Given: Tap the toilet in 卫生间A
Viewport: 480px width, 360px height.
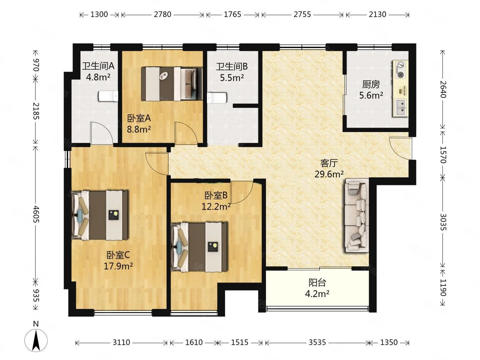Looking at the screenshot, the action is (108, 96).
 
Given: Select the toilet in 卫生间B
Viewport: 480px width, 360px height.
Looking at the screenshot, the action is (217, 98).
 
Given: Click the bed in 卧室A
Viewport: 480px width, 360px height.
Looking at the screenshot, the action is (172, 84).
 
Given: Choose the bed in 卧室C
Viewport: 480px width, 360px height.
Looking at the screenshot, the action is (100, 215).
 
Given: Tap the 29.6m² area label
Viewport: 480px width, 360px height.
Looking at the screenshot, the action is (329, 174).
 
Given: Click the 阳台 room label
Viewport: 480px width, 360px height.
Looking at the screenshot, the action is (317, 283).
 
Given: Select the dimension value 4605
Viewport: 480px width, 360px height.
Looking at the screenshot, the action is (36, 214).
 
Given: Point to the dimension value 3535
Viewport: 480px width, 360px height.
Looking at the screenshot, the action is (317, 342).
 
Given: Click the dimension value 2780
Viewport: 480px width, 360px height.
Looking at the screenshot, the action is (162, 14).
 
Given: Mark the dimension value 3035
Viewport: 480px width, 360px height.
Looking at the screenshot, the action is (443, 222).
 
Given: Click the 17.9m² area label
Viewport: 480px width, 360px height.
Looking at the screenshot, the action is (118, 266).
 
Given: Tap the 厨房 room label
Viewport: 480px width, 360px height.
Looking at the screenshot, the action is (371, 84).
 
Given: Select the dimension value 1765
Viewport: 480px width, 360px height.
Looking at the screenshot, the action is (232, 14).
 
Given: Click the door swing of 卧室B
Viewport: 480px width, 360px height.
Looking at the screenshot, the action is (242, 192).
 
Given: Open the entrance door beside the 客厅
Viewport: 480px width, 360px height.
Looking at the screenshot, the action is (401, 148).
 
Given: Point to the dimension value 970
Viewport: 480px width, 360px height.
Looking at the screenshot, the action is (36, 65).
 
